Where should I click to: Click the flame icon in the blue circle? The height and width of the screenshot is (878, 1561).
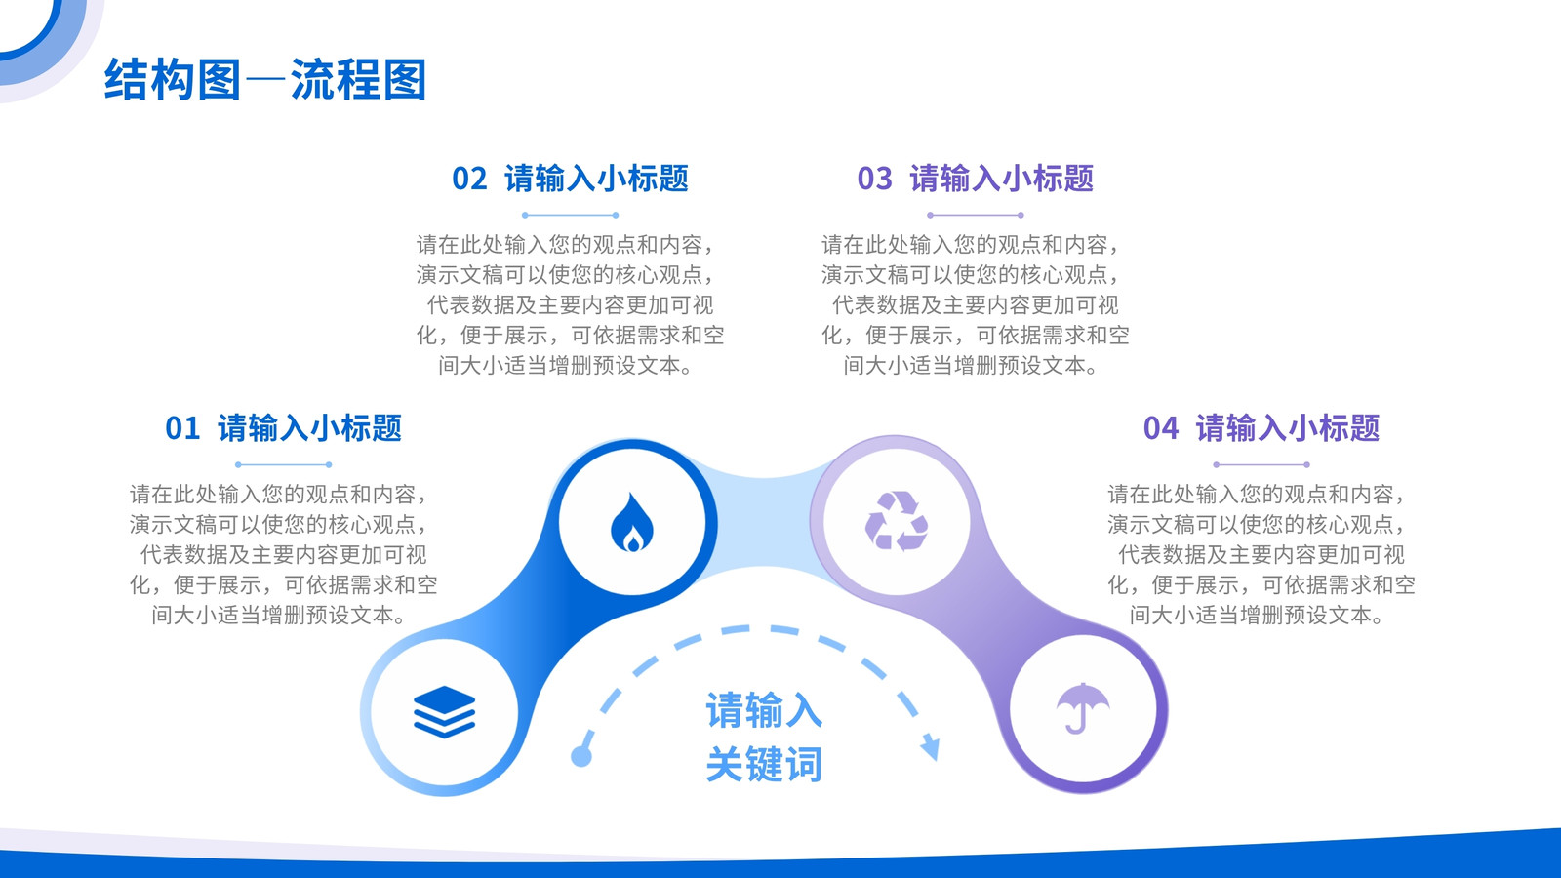[x=632, y=522]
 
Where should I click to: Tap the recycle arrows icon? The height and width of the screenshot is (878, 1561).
[x=897, y=521]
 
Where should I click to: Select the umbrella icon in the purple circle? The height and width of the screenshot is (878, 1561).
[x=1082, y=708]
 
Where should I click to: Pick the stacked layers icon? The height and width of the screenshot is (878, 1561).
[x=444, y=711]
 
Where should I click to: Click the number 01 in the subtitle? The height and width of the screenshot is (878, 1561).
[x=182, y=428]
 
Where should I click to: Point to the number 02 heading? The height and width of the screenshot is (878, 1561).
[x=469, y=180]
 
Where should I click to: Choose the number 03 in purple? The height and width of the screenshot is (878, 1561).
[x=874, y=180]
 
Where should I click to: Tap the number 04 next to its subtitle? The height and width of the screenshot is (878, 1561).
[x=1160, y=428]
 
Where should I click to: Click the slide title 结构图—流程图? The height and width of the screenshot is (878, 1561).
[x=264, y=79]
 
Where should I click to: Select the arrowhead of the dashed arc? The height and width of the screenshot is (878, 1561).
[x=931, y=746]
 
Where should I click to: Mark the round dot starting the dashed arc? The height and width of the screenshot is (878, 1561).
[x=581, y=756]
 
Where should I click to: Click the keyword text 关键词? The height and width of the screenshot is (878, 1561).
[x=764, y=765]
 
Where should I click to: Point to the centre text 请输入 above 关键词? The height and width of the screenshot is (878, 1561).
[x=764, y=710]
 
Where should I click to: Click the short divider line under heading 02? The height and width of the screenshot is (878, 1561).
[x=570, y=216]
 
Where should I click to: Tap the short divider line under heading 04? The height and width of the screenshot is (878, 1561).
[x=1261, y=464]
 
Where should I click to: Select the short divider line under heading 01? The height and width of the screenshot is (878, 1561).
[x=283, y=464]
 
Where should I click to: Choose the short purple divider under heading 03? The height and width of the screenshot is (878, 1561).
[x=975, y=216]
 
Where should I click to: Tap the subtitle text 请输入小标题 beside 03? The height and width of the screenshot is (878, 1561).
[x=1001, y=180]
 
